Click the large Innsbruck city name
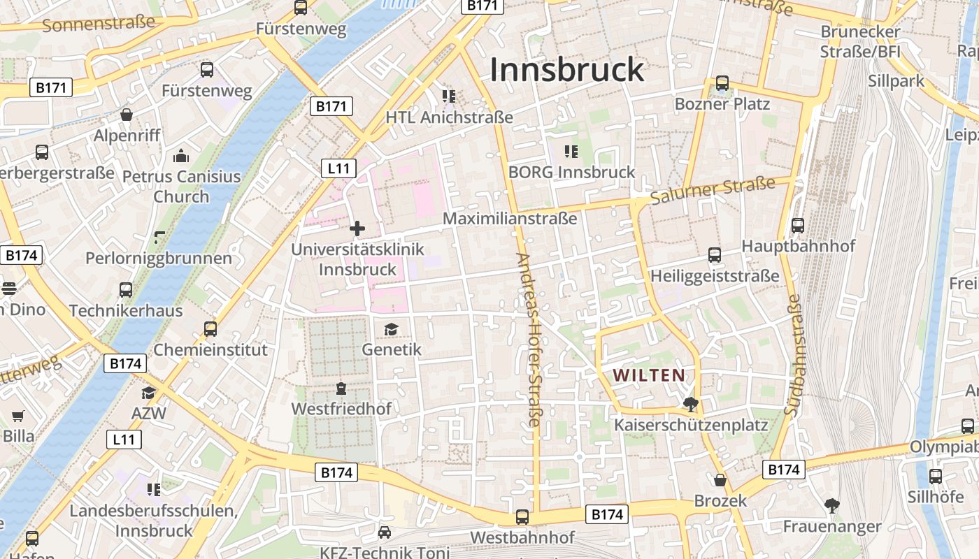point(566,70)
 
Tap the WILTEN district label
point(649,375)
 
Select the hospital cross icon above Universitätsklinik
point(357,228)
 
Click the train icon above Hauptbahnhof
point(798,226)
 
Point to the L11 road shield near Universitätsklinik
point(339,168)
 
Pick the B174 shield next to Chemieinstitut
point(126,363)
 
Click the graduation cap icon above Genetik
point(391,328)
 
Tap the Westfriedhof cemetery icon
point(341,388)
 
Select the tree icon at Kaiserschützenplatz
point(691,404)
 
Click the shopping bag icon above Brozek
point(720,480)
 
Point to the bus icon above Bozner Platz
point(722,83)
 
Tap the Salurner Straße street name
point(713,191)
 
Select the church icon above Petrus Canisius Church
point(181,155)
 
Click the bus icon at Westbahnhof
point(522,517)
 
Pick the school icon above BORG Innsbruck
point(571,151)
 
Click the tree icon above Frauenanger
point(831,505)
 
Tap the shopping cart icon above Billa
point(18,416)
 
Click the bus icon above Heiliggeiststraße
point(714,255)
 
